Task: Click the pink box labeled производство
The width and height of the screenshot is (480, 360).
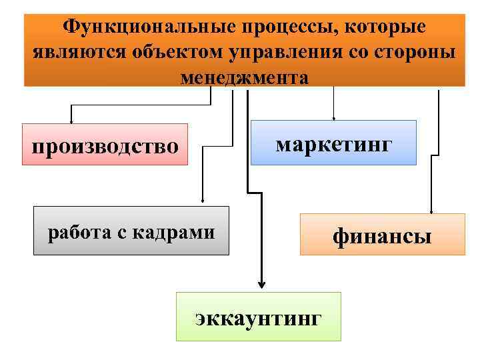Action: (105, 144)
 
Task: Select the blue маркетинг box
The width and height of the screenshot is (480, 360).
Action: (333, 143)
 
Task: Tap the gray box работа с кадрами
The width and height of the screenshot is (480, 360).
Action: (131, 231)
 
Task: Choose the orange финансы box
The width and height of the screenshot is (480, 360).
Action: (383, 234)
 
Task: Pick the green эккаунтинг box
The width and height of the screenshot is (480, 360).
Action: (258, 316)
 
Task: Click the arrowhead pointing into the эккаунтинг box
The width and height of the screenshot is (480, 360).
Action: (260, 286)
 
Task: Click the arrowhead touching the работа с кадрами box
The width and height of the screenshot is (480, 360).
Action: (203, 202)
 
